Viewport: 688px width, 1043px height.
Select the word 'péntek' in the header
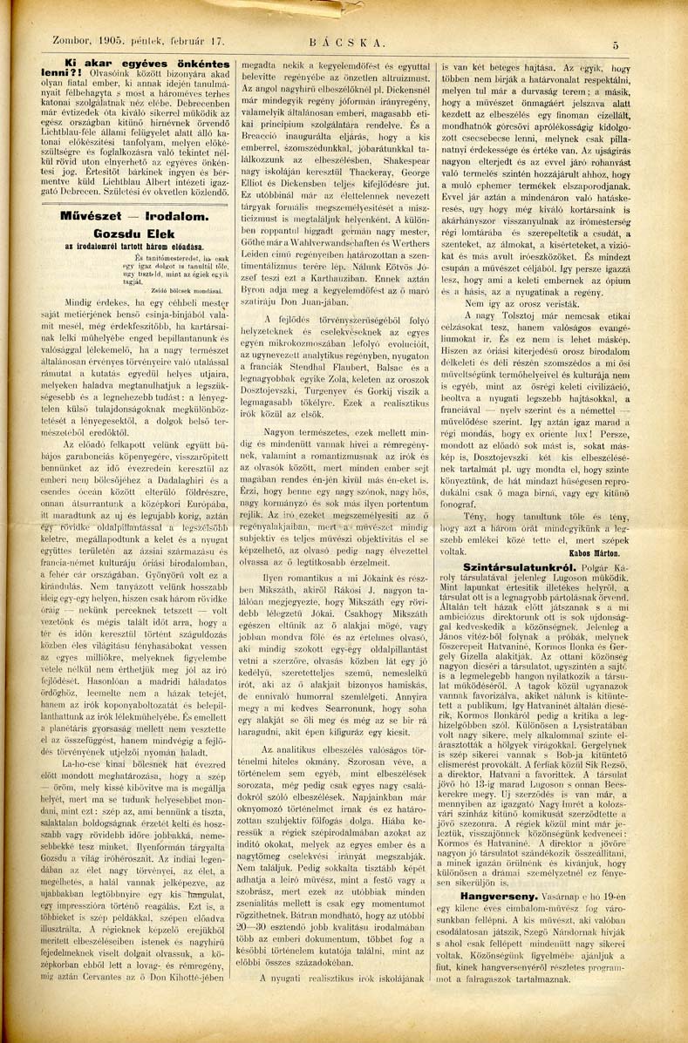tap(140, 39)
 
